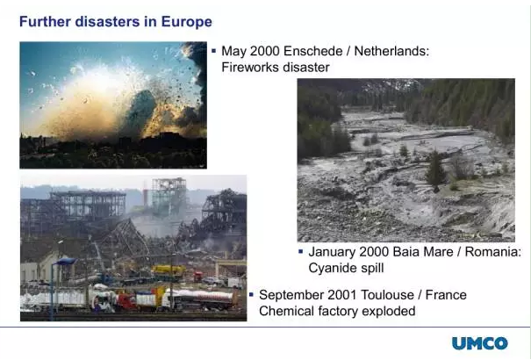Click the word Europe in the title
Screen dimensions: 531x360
click(x=187, y=22)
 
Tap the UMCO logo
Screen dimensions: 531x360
click(x=480, y=343)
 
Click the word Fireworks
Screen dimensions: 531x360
click(x=250, y=67)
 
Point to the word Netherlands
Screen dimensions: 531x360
click(x=391, y=51)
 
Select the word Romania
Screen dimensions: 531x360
click(x=492, y=252)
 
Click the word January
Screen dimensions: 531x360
click(x=332, y=252)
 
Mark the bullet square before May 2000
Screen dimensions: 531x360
click(x=213, y=51)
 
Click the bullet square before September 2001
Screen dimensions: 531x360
click(x=251, y=295)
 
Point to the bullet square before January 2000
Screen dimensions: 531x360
click(x=301, y=252)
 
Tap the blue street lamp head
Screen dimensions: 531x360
click(x=65, y=261)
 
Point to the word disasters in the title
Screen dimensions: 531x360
click(x=107, y=22)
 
